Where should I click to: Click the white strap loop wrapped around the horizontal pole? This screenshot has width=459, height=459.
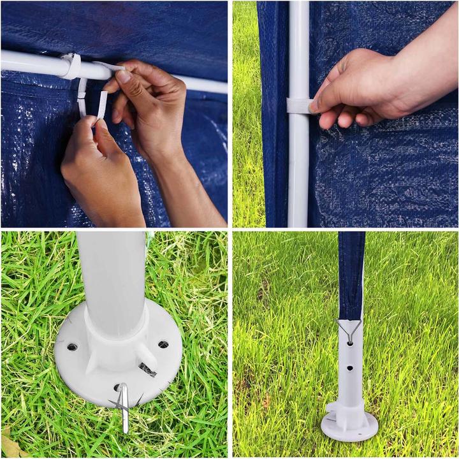[x=71, y=65]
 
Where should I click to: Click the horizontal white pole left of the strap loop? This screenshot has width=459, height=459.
[x=29, y=61]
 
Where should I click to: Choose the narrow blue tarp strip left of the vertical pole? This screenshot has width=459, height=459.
[x=272, y=115]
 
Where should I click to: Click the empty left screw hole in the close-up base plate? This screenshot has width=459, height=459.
[x=71, y=347]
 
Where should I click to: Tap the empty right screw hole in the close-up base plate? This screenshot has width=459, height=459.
[x=163, y=344]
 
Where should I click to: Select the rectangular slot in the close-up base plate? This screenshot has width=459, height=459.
[x=147, y=369]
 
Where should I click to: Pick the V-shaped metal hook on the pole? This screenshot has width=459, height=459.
[x=349, y=328]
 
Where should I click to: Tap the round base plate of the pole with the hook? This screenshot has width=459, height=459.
[x=349, y=428]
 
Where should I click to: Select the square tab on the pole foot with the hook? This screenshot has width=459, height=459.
[x=331, y=408]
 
